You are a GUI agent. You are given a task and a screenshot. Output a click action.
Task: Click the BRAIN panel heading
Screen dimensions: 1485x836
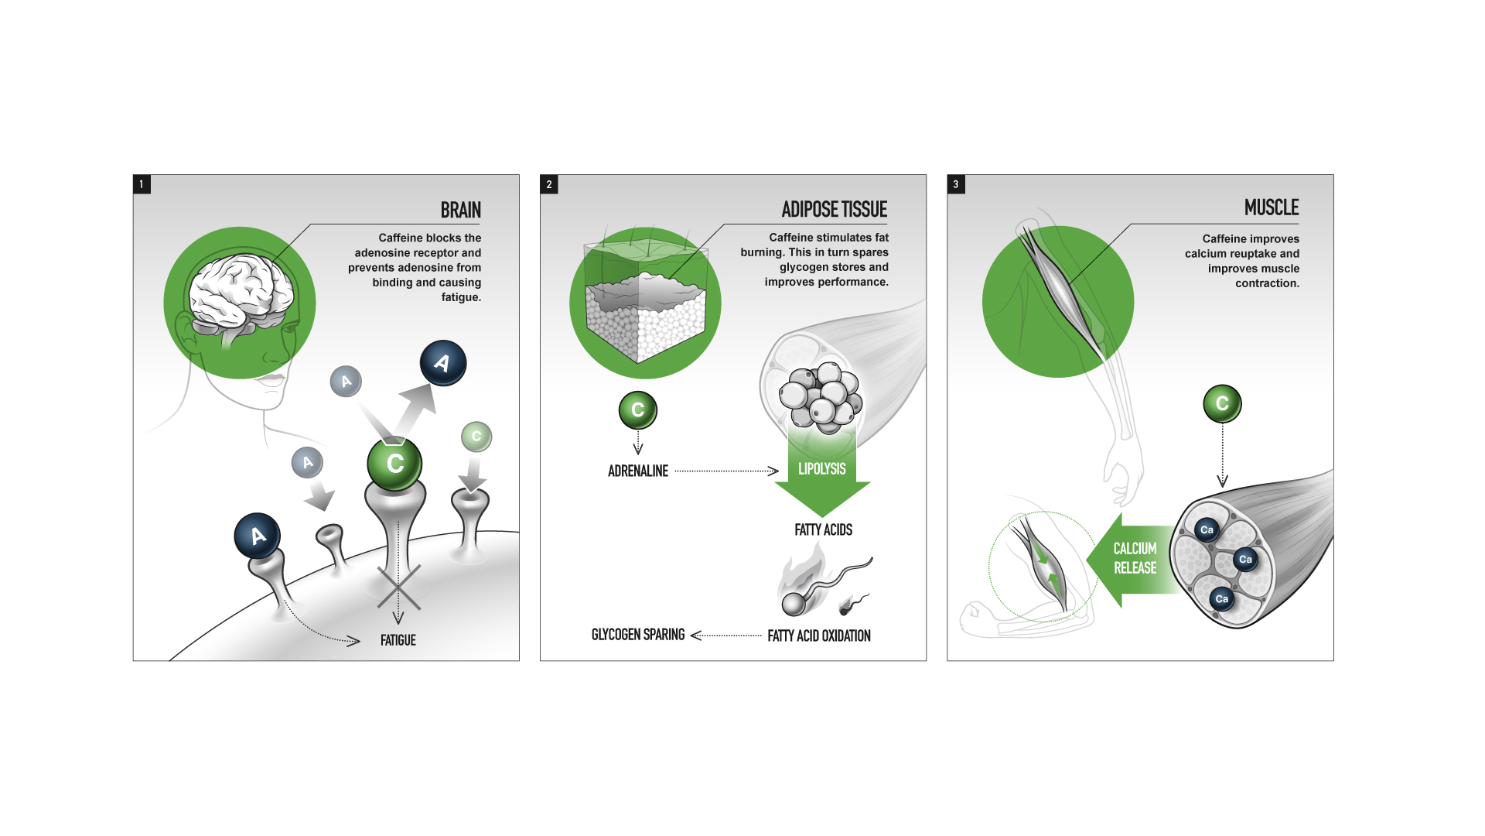[x=460, y=211]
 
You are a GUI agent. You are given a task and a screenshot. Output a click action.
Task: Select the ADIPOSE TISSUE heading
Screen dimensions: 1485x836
[x=834, y=210]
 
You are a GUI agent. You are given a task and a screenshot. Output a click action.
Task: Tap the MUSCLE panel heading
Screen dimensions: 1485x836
[x=1271, y=207]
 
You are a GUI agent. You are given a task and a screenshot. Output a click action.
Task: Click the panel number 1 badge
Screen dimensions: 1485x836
[x=142, y=184]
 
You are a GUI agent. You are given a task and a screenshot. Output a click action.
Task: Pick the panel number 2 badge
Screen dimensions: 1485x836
[x=549, y=184]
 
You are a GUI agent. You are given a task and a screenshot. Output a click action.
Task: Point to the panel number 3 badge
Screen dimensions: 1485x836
[x=956, y=184]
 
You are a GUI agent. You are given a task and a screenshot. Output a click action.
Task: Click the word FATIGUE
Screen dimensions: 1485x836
[x=398, y=640]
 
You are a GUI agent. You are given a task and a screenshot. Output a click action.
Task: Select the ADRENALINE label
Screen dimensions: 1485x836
[x=638, y=471]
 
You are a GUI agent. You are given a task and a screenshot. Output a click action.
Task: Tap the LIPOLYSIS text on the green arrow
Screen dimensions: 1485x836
[x=821, y=469]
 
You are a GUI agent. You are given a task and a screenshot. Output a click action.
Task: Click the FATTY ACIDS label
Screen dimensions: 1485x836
[x=823, y=529]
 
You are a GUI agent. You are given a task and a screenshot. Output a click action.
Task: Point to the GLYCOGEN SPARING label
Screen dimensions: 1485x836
[x=638, y=635]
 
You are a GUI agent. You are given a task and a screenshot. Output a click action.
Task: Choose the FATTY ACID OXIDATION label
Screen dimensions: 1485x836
[x=819, y=636]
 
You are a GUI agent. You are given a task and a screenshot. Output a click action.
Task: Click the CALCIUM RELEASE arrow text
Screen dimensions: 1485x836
[x=1135, y=558]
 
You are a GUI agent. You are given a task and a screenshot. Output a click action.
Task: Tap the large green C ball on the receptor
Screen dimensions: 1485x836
[x=394, y=464]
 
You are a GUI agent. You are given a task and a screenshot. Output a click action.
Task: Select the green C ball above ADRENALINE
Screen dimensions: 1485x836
[x=638, y=410]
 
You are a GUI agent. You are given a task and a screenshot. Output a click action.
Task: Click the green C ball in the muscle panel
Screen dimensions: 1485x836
[x=1222, y=403]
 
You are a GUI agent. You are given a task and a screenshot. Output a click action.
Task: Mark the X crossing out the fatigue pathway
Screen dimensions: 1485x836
[x=398, y=587]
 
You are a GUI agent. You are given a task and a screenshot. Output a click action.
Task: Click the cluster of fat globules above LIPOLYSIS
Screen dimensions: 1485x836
[x=819, y=396]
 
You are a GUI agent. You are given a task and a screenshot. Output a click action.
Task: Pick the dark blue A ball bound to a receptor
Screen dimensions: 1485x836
[x=258, y=536]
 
